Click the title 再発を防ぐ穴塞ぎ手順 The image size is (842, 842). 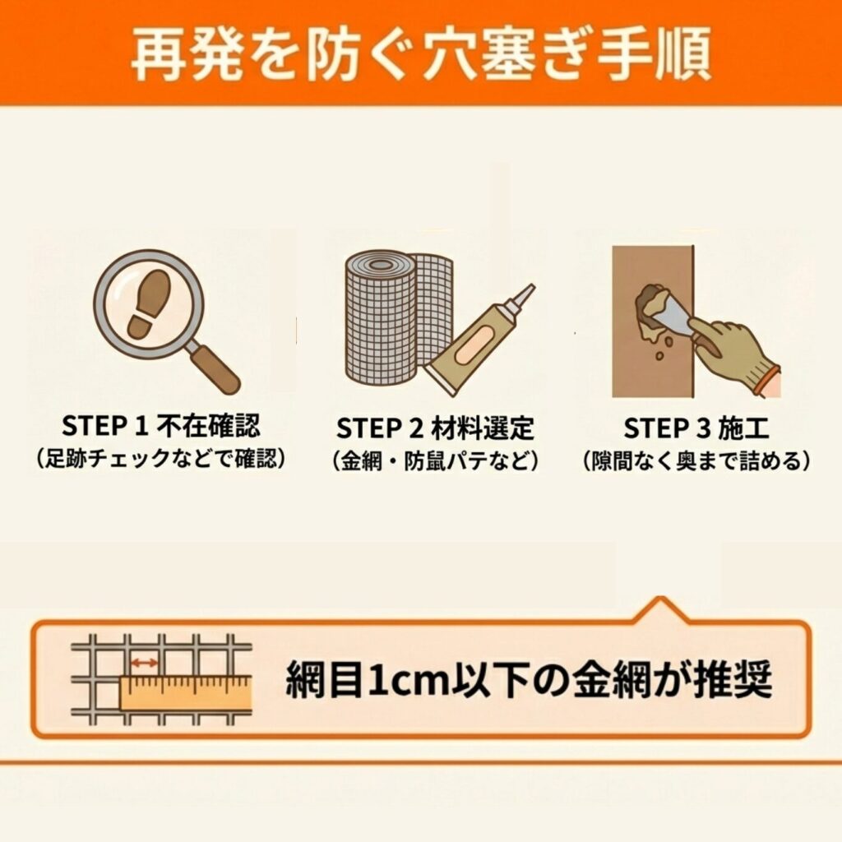point(421,54)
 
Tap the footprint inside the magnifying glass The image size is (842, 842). point(148,303)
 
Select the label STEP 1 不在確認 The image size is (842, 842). point(161,427)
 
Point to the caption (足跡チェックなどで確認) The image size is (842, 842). point(161,459)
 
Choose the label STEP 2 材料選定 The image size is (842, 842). point(435,428)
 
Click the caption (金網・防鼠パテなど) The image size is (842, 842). point(435,460)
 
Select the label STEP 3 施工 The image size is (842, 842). point(696,428)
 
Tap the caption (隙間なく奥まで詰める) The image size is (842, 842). point(696,460)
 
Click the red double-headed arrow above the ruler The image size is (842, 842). point(145,664)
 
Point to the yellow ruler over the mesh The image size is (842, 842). point(185,694)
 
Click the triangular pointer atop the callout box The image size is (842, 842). point(662,611)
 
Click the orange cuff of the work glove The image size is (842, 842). point(769,380)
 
